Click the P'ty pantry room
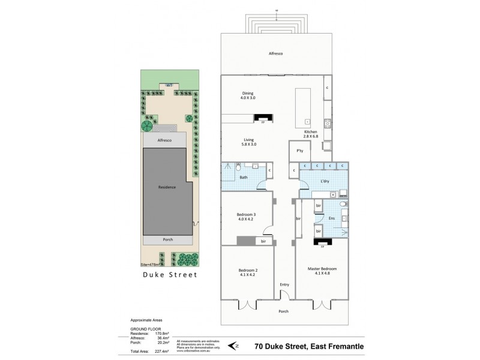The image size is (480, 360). (x=299, y=151)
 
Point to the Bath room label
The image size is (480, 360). (x=244, y=178)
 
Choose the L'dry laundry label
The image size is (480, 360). (x=325, y=181)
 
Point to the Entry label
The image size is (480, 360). (x=284, y=284)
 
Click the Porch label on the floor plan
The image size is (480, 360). (x=284, y=311)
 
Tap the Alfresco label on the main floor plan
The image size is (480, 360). (x=277, y=54)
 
